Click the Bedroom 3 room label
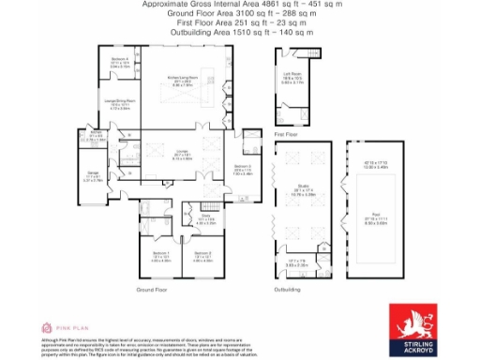(243, 168)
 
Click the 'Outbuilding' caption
(288, 292)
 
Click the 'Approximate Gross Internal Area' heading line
(241, 5)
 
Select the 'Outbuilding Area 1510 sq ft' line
(241, 33)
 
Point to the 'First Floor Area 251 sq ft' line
(241, 23)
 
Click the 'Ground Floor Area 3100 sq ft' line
(241, 14)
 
